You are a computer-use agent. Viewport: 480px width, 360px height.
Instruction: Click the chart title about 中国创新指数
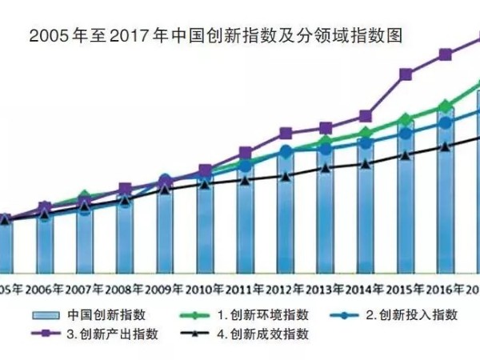click(x=214, y=36)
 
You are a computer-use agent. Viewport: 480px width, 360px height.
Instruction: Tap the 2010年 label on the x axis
click(x=206, y=289)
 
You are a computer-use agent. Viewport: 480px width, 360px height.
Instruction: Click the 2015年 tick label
click(x=406, y=289)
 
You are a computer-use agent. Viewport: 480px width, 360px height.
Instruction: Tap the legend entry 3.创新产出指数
click(x=117, y=334)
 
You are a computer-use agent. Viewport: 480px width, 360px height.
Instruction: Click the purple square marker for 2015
click(x=406, y=75)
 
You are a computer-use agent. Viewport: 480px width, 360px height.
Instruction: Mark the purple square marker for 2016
click(x=446, y=54)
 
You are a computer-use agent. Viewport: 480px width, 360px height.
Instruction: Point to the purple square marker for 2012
click(x=286, y=134)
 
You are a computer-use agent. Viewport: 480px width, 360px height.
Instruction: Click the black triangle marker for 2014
click(x=366, y=164)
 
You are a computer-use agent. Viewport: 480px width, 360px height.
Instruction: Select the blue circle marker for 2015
click(x=406, y=134)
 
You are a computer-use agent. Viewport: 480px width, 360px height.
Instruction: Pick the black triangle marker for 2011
click(x=246, y=180)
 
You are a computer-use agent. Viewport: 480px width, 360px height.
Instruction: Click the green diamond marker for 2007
click(x=85, y=197)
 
